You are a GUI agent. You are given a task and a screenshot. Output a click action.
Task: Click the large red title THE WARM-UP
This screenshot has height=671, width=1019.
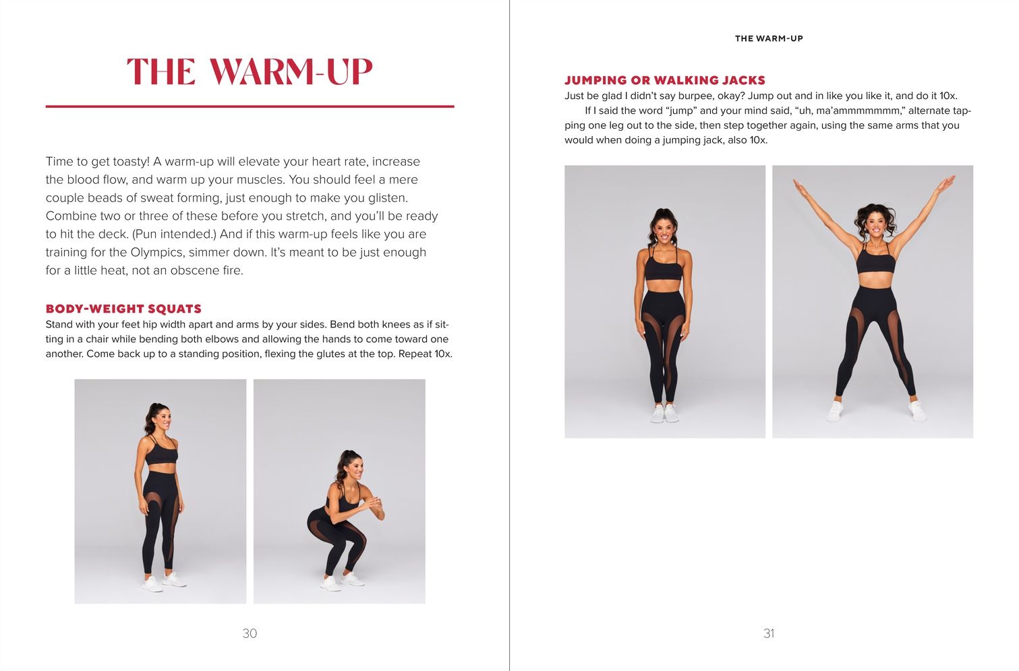[x=250, y=71]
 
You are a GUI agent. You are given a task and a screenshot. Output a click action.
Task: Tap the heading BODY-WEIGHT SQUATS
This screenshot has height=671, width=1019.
[x=123, y=309]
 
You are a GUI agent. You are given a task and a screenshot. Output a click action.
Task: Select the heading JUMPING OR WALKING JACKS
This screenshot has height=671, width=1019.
[x=665, y=80]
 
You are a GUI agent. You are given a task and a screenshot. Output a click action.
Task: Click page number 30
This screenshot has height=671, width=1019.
[x=250, y=633]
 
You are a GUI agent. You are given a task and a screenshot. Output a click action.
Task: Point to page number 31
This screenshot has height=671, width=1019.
[x=769, y=633]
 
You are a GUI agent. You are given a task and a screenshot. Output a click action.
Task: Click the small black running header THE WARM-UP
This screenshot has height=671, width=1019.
[x=769, y=38]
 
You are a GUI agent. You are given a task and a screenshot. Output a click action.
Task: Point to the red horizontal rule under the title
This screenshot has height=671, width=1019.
[x=250, y=106]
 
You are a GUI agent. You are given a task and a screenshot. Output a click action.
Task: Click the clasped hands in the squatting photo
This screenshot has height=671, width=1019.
[x=374, y=503]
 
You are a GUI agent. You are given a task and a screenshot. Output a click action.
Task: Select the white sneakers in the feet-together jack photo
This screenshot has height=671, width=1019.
[x=664, y=413]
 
